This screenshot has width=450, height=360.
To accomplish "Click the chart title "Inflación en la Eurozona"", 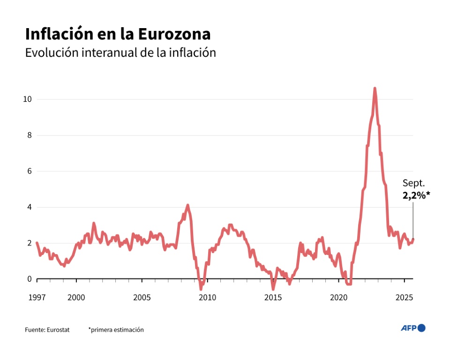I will [x=118, y=34].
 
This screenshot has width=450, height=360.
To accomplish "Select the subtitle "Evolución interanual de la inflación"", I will [x=120, y=52].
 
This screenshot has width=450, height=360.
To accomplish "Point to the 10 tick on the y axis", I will [x=27, y=99].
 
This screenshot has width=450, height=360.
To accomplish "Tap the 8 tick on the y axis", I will [x=29, y=135].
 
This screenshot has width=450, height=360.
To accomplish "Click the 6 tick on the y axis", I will [x=29, y=172].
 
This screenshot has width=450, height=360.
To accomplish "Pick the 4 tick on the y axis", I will [x=29, y=207].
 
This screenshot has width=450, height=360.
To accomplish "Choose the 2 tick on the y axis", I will [x=29, y=243].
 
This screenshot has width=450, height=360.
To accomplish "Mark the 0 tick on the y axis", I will [x=29, y=279].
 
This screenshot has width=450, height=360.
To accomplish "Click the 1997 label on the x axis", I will [x=37, y=297].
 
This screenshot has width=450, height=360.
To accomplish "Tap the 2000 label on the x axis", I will [x=76, y=297].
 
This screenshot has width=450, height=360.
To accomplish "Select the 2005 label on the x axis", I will [x=142, y=297].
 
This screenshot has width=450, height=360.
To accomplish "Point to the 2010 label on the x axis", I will [x=208, y=297].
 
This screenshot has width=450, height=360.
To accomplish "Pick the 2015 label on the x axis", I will [x=273, y=297].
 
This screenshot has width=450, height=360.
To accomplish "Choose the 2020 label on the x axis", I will [x=338, y=297].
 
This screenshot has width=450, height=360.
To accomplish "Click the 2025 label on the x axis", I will [x=404, y=297].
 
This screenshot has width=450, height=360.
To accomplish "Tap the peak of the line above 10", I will [x=375, y=88].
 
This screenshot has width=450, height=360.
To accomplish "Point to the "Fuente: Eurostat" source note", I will [x=47, y=330].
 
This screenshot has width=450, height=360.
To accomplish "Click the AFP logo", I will [x=413, y=328].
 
